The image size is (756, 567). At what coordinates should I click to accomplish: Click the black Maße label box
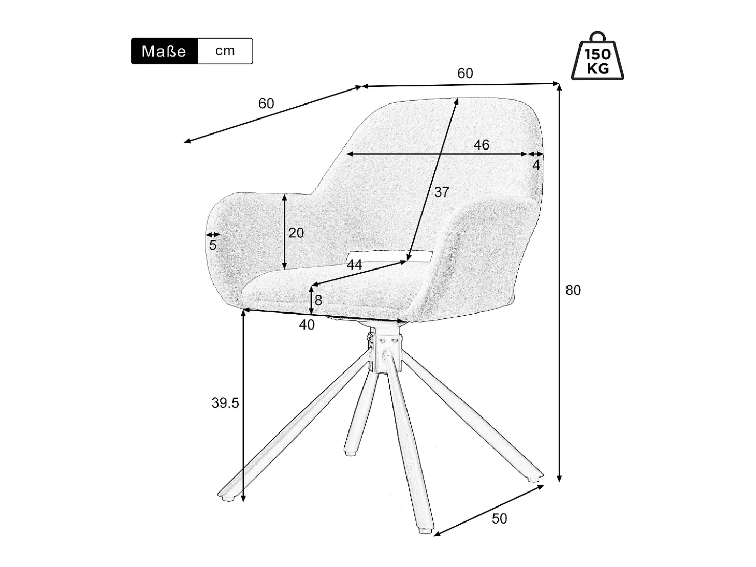[x=164, y=51]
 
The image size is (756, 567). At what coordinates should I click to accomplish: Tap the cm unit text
[x=225, y=51]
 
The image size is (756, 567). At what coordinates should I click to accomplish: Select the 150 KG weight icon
[x=597, y=55]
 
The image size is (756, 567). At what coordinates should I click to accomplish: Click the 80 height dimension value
[x=573, y=290]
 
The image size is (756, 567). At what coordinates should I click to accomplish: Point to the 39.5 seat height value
[x=225, y=403]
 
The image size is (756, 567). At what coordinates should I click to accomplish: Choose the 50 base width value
[x=499, y=518]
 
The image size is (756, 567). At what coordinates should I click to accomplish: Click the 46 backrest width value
[x=481, y=145]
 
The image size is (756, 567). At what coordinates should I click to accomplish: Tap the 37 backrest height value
[x=442, y=192]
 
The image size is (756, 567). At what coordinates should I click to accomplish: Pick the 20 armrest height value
[x=296, y=233]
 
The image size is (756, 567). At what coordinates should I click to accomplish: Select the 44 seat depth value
[x=354, y=264]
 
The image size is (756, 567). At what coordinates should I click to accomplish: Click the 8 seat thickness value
[x=318, y=301]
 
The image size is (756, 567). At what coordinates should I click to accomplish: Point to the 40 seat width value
[x=307, y=324]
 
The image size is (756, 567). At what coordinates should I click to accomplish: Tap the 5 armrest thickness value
[x=212, y=245]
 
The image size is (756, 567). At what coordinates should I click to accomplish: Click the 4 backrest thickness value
[x=536, y=166]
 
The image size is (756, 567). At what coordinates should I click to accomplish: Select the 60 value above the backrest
[x=465, y=73]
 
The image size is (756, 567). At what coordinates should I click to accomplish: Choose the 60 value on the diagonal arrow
[x=266, y=103]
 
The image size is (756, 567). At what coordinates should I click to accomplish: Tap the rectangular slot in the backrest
[x=390, y=256]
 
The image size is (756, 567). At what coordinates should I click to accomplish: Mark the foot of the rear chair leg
[x=350, y=453]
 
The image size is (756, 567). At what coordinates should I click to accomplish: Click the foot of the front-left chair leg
[x=226, y=497]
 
